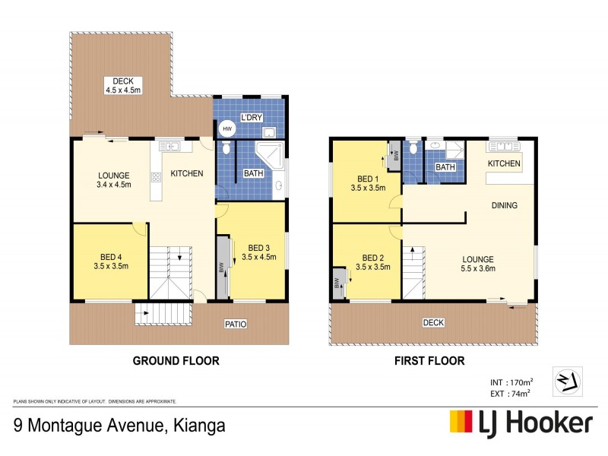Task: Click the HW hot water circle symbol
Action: tap(226, 129)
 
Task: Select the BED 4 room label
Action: tap(110, 256)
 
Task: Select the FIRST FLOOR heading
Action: tap(429, 361)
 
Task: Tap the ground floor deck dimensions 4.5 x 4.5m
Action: tap(123, 90)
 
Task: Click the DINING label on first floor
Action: tap(504, 205)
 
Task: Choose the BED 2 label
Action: tap(373, 257)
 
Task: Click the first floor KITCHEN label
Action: tap(504, 163)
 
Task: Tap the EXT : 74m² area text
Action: tap(509, 393)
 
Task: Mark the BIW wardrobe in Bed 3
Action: tap(222, 268)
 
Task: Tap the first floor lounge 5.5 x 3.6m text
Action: tap(479, 268)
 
